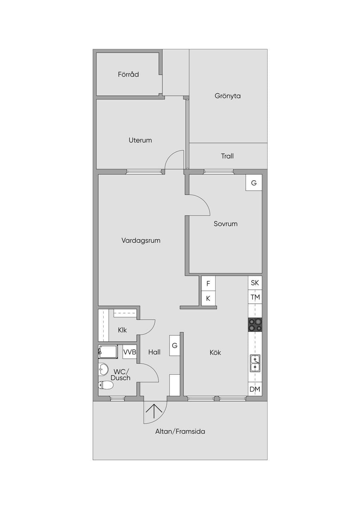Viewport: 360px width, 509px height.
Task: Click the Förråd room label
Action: [128, 74]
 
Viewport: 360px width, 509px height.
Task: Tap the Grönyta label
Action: [227, 96]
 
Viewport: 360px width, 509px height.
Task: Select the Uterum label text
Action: [140, 140]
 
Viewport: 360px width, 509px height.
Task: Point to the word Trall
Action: [227, 156]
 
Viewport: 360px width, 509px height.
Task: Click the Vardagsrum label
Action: [141, 240]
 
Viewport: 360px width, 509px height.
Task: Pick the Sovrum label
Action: [226, 224]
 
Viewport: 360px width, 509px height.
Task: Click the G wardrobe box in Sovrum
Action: [254, 182]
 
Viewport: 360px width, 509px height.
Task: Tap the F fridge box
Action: [208, 283]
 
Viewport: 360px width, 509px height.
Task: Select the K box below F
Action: [208, 298]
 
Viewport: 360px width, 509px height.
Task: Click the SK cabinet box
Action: [255, 283]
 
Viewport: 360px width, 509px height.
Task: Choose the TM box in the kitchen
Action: [255, 297]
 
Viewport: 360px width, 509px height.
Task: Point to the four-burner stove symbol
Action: [255, 325]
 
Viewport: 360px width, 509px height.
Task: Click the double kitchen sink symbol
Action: [255, 363]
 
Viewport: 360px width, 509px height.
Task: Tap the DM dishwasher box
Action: [255, 389]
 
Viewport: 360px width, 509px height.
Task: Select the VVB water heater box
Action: [130, 352]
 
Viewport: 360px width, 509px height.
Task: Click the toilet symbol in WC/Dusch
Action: [106, 385]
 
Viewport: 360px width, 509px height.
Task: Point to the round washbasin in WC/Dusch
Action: [104, 369]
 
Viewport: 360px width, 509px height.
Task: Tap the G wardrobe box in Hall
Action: [174, 346]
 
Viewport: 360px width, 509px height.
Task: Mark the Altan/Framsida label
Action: [180, 431]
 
